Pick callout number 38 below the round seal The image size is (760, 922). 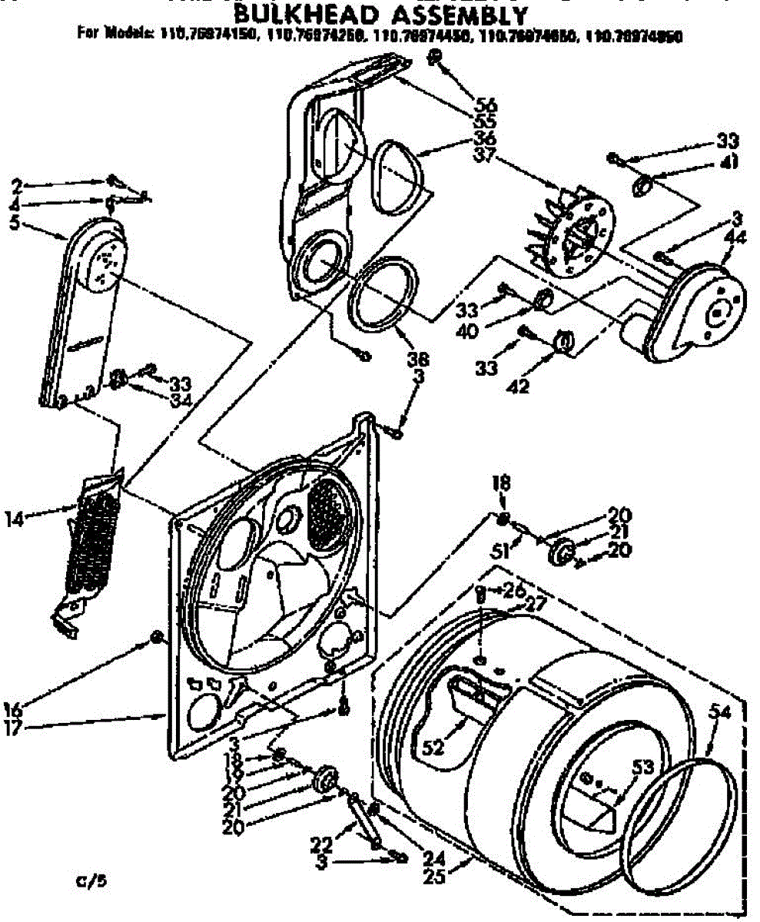(x=420, y=358)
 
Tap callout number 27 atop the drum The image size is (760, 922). (x=535, y=604)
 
